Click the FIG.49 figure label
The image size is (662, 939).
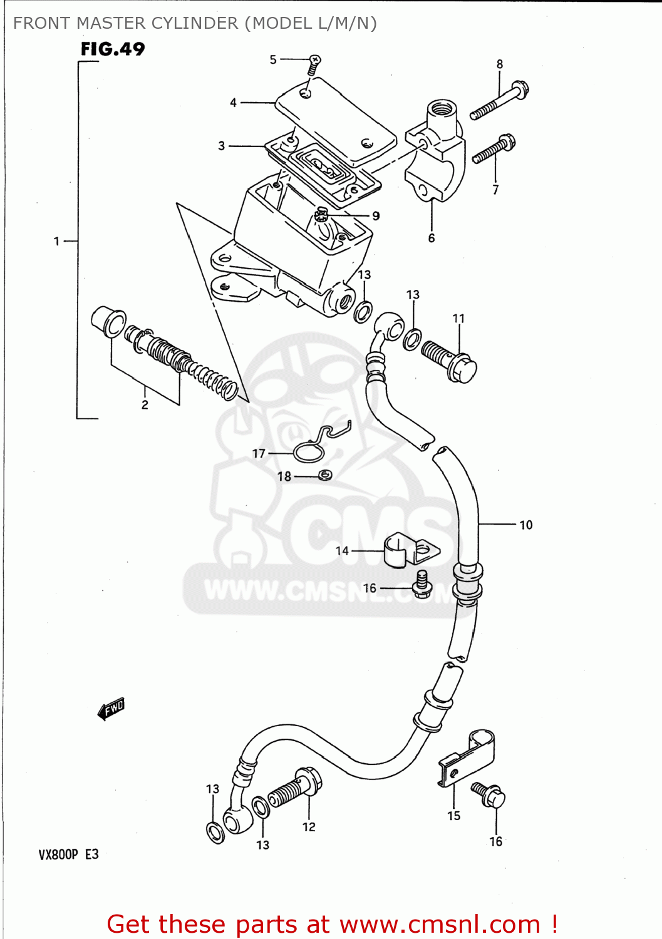(x=113, y=49)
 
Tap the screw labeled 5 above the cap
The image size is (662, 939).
(x=313, y=63)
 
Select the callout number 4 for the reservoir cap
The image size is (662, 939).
(x=233, y=103)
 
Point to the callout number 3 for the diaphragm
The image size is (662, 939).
(x=221, y=146)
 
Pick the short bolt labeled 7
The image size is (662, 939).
(x=494, y=150)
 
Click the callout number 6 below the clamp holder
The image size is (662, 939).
(x=432, y=238)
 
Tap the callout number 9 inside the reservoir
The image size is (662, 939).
(x=376, y=216)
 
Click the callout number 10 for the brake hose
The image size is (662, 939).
(x=526, y=525)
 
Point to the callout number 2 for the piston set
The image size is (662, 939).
(x=145, y=405)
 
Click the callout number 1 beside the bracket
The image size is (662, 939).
(x=56, y=241)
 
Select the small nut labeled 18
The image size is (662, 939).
(x=324, y=476)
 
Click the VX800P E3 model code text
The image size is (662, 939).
(x=69, y=854)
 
